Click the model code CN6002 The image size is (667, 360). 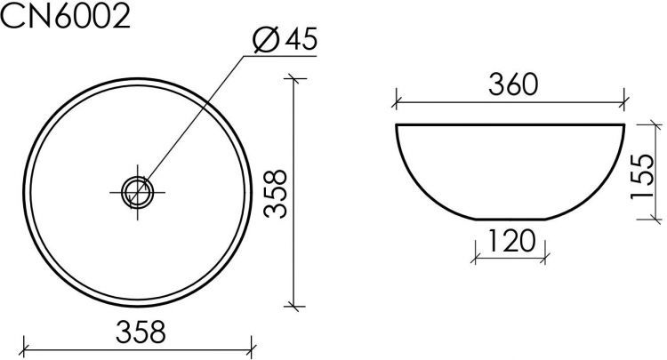click(x=67, y=17)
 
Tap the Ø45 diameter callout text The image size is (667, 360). click(x=285, y=41)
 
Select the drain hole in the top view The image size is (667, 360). click(x=138, y=189)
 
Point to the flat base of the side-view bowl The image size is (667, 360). click(x=511, y=217)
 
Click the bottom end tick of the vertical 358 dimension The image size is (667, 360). click(x=295, y=306)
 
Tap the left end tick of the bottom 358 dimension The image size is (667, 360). click(x=23, y=346)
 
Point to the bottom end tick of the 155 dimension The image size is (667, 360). click(x=656, y=218)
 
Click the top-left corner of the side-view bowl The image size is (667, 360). click(x=396, y=125)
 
